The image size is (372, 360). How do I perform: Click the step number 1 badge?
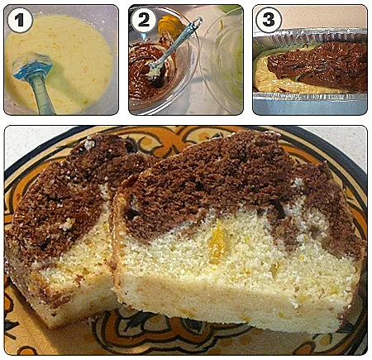click(20, 20)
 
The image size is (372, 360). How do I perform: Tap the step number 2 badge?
click(144, 20)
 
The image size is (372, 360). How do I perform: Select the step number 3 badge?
click(268, 20)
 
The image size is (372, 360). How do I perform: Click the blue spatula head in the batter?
click(32, 66)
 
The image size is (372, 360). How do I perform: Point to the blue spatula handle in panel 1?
click(42, 94)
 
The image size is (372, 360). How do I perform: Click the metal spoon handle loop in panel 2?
click(196, 22)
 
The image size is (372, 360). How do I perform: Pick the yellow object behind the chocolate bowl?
click(169, 24)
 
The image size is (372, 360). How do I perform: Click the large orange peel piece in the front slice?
click(217, 242)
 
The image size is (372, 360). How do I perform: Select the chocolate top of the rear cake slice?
click(64, 193)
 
